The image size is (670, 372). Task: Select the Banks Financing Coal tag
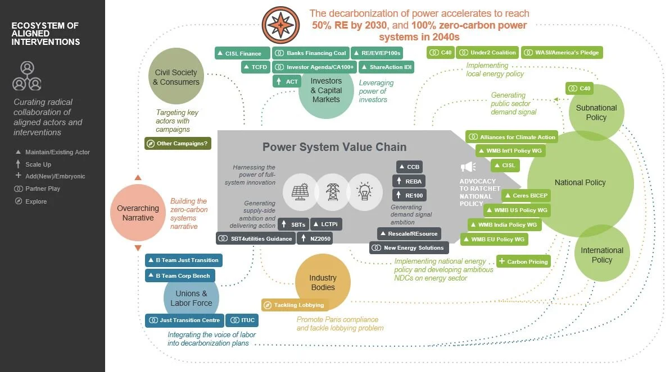310,53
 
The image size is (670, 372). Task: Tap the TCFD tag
255,67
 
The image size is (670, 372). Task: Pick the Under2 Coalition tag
487,53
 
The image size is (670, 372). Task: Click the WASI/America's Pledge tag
562,53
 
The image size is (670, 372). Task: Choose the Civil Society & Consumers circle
176,77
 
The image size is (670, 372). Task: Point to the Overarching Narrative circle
138,213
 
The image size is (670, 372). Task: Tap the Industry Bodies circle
323,282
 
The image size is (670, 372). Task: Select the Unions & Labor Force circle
191,298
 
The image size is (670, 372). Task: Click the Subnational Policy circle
596,112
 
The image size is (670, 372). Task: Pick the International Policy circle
601,255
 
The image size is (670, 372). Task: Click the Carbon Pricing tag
523,261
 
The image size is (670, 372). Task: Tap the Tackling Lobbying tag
293,305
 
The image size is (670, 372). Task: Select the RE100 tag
408,195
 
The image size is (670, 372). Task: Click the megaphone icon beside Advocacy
468,167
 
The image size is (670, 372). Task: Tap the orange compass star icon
280,25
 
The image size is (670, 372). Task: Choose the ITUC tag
242,320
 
